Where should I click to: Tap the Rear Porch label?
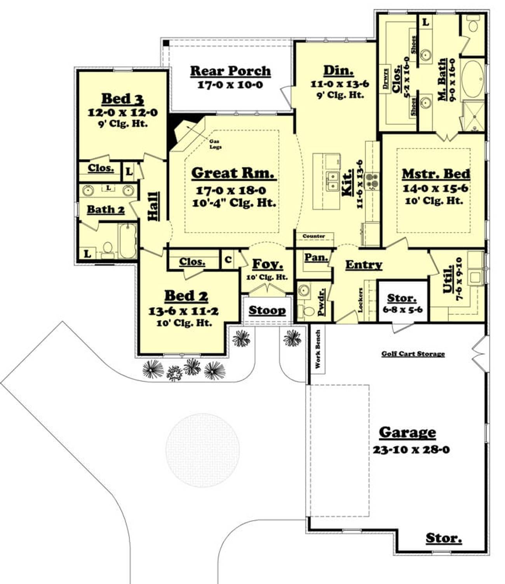click(230, 71)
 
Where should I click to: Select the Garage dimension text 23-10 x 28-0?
click(411, 449)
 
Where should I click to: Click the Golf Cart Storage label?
click(413, 354)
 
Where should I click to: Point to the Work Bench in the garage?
click(318, 349)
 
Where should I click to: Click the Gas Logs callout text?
click(216, 144)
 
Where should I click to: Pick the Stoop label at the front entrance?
click(267, 310)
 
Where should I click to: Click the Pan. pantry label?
click(316, 257)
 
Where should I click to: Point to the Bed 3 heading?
click(123, 99)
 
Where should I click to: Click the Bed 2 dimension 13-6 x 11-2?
click(184, 311)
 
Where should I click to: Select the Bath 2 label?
click(106, 210)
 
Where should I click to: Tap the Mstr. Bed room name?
click(436, 174)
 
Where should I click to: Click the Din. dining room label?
click(338, 71)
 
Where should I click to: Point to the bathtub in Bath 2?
click(127, 241)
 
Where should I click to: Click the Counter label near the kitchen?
click(313, 236)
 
